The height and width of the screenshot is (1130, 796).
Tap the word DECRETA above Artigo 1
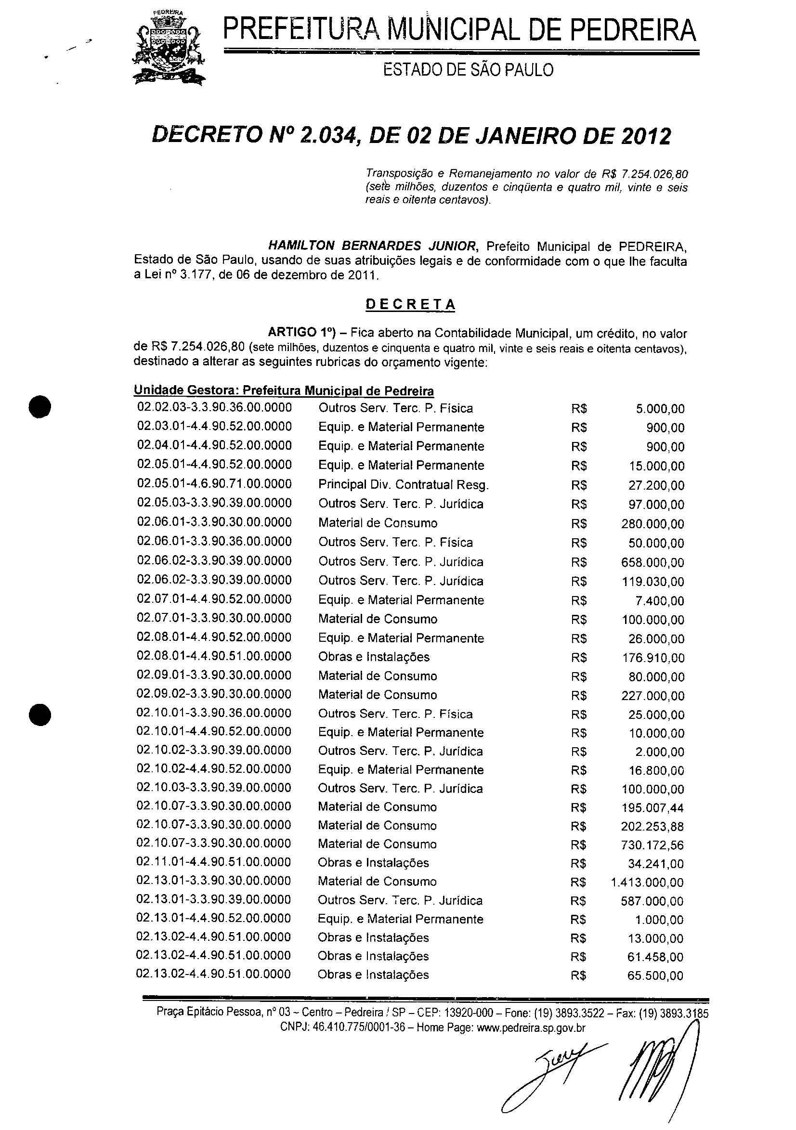tap(410, 304)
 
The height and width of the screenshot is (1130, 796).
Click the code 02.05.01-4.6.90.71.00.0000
tap(214, 484)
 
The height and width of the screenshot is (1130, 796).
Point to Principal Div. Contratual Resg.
tap(403, 485)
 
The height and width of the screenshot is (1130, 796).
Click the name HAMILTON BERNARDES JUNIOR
tap(372, 246)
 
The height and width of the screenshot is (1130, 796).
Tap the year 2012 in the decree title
tap(645, 136)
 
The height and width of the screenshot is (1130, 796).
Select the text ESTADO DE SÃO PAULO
tap(468, 70)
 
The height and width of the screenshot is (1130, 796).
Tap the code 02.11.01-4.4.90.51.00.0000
tap(214, 862)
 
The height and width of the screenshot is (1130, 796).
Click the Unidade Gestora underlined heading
tap(284, 391)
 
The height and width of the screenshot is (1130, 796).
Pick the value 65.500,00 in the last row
tap(655, 975)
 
